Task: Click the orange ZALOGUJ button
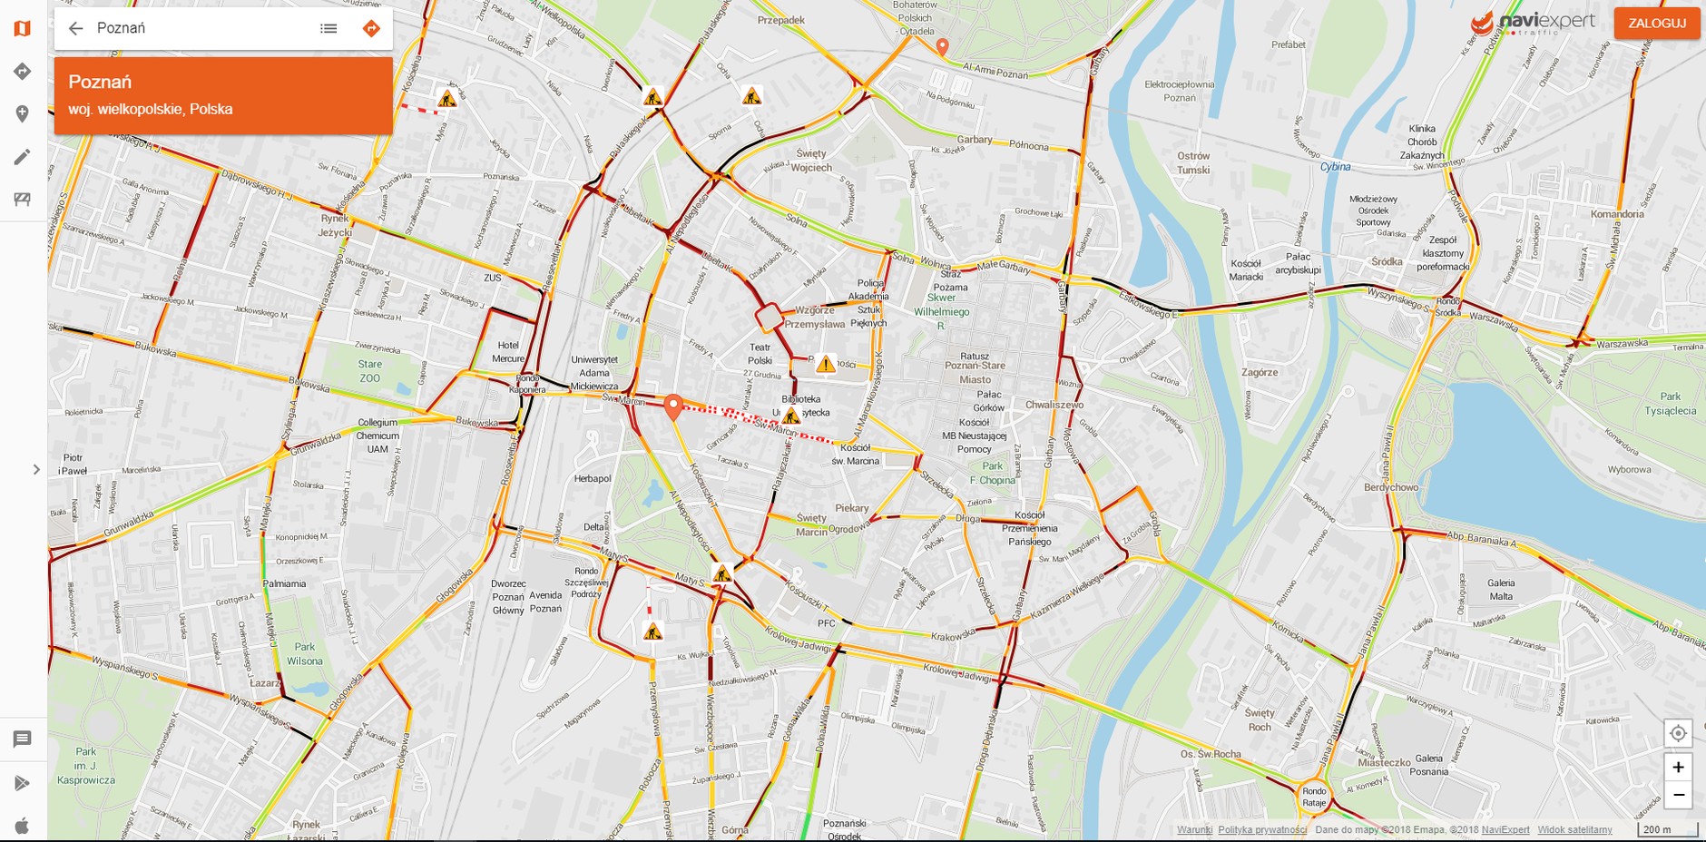[x=1656, y=24]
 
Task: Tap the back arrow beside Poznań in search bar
[x=76, y=28]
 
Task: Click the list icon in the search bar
[x=328, y=28]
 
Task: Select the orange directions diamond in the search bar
[x=371, y=28]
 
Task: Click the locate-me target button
[x=1678, y=733]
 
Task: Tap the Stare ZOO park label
[x=369, y=371]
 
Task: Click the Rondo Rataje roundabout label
[x=1314, y=797]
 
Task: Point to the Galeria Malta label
[x=1501, y=590]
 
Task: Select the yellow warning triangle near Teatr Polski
[x=825, y=365]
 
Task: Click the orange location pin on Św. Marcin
[x=672, y=406]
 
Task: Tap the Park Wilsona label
[x=304, y=653]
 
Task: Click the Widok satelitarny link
[x=1574, y=829]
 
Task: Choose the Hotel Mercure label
[x=508, y=352]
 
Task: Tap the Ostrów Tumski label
[x=1193, y=162]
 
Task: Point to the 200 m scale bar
[x=1667, y=829]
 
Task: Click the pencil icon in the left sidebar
[x=23, y=157]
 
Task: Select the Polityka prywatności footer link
[x=1262, y=829]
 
